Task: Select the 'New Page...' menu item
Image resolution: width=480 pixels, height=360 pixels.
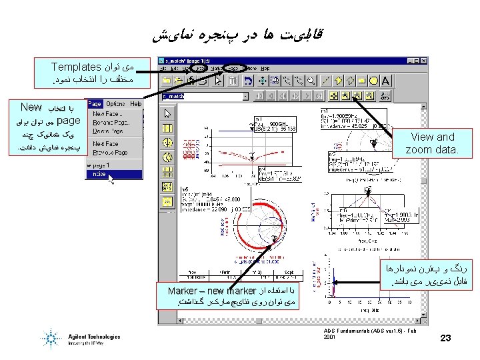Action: coord(107,114)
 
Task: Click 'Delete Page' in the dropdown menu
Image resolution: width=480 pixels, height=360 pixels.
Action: coord(107,132)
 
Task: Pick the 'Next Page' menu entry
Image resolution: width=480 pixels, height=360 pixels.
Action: coord(106,143)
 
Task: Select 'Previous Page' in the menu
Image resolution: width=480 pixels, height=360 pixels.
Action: coord(110,152)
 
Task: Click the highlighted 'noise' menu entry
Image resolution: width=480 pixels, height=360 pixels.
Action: coord(100,174)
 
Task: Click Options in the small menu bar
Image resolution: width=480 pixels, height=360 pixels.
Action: coord(115,104)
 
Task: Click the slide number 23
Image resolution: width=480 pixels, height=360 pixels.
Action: coord(445,339)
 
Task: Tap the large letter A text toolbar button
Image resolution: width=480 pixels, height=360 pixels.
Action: coord(385,81)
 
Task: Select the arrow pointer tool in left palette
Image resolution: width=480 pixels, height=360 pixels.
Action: coord(167,113)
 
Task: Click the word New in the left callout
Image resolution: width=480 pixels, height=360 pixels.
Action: coord(31,107)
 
